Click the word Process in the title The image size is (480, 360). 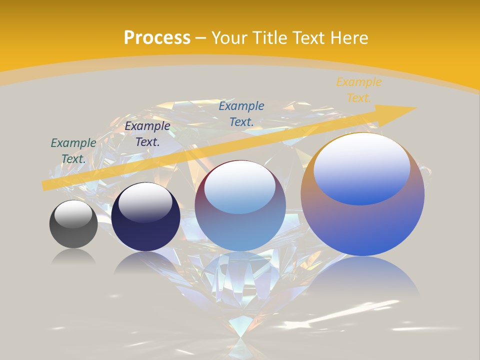pyautogui.click(x=157, y=38)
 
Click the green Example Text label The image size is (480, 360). pyautogui.click(x=73, y=151)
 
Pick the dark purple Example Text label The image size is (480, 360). pyautogui.click(x=147, y=134)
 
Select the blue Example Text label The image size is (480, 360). pyautogui.click(x=241, y=113)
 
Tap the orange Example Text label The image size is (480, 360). pyautogui.click(x=358, y=90)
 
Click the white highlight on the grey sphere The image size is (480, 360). pyautogui.click(x=73, y=214)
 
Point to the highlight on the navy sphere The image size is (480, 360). pyautogui.click(x=145, y=202)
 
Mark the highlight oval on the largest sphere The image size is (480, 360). pyautogui.click(x=362, y=169)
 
